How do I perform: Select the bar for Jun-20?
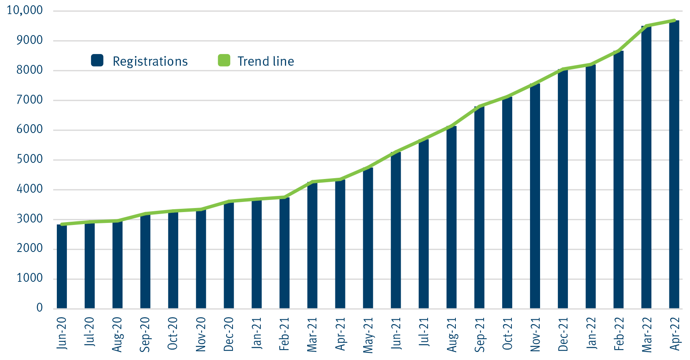(62, 266)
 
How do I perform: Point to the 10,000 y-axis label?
(25, 10)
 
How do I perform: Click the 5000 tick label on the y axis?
(29, 159)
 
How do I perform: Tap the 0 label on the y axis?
(39, 308)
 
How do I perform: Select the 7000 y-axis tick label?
(29, 100)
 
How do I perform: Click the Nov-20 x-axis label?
(201, 334)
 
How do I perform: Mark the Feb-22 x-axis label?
(619, 333)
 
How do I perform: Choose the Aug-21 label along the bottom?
(452, 334)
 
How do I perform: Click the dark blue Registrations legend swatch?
(97, 60)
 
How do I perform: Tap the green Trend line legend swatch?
(224, 60)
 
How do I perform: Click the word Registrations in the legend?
(150, 61)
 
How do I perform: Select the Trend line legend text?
(266, 61)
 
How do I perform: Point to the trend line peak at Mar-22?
(646, 26)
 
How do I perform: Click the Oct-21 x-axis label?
(507, 333)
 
